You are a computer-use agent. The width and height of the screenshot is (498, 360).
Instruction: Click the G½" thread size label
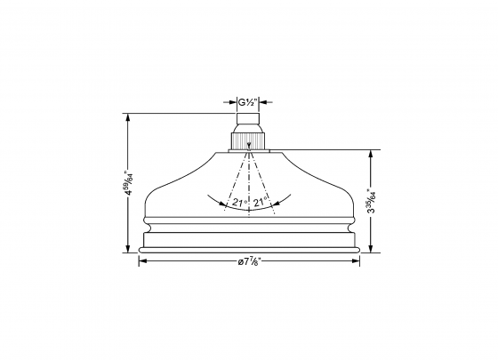pyautogui.click(x=249, y=102)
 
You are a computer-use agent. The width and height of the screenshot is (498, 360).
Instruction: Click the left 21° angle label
pyautogui.click(x=238, y=204)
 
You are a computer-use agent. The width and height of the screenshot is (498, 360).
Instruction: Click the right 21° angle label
pyautogui.click(x=261, y=204)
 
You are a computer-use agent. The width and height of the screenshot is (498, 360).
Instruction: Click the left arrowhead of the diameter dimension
pyautogui.click(x=142, y=260)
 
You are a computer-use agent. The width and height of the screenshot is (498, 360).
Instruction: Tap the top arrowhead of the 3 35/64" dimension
pyautogui.click(x=371, y=152)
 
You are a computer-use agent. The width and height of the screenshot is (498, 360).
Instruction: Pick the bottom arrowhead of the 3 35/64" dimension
pyautogui.click(x=371, y=249)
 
